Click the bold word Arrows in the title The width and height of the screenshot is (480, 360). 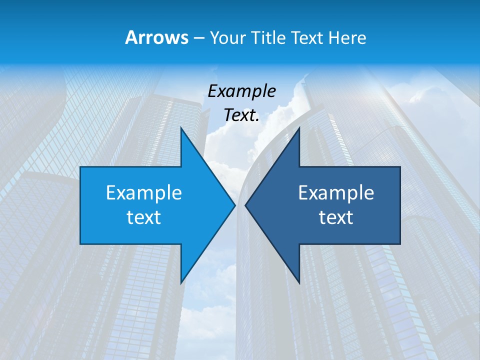pyautogui.click(x=157, y=37)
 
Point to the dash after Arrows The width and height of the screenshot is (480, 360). pyautogui.click(x=199, y=38)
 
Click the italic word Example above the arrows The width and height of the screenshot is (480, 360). pyautogui.click(x=241, y=91)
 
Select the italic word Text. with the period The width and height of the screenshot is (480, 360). pyautogui.click(x=241, y=115)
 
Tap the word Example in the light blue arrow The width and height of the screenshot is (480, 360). pyautogui.click(x=143, y=193)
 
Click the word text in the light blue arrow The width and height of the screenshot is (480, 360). pyautogui.click(x=143, y=217)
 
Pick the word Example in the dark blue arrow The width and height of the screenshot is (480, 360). pyautogui.click(x=336, y=193)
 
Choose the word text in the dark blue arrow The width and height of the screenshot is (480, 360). pyautogui.click(x=336, y=217)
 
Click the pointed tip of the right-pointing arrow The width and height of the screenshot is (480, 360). pyautogui.click(x=235, y=205)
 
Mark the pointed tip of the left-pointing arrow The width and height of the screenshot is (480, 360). pyautogui.click(x=245, y=205)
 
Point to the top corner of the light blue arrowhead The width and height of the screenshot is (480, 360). pyautogui.click(x=181, y=127)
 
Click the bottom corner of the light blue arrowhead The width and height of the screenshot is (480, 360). pyautogui.click(x=181, y=283)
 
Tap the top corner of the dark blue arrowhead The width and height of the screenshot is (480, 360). pyautogui.click(x=299, y=127)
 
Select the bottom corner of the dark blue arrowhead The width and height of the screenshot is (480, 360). pyautogui.click(x=299, y=283)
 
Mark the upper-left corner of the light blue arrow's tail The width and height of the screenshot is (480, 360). pyautogui.click(x=80, y=167)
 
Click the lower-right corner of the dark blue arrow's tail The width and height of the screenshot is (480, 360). pyautogui.click(x=400, y=244)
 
